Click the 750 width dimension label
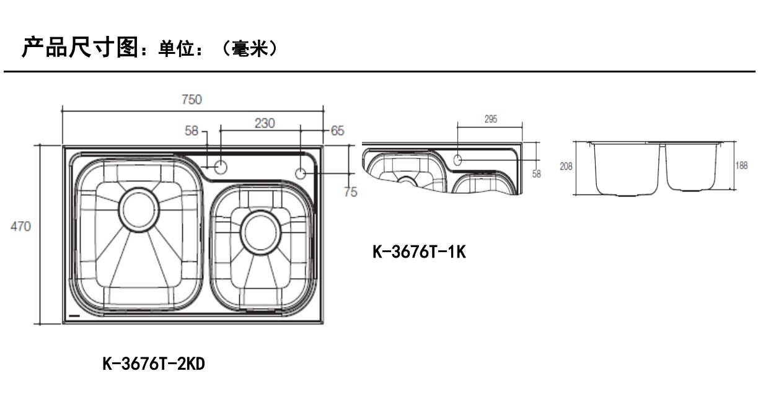pos(192,99)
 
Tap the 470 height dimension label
pos(20,226)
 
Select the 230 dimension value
pos(265,123)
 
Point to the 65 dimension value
pos(337,131)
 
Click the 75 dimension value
pos(351,192)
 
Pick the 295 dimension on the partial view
pos(491,119)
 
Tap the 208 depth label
pos(566,166)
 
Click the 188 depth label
pos(741,165)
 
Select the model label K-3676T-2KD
pos(154,364)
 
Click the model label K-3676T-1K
pos(419,251)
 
